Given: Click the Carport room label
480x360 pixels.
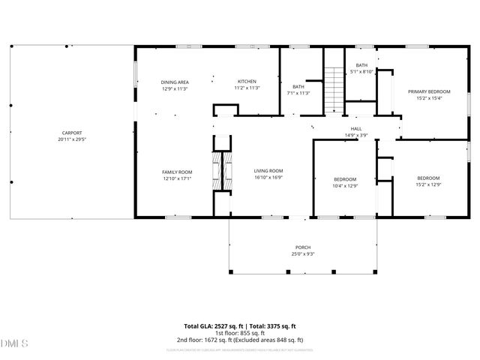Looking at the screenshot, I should pos(72,134).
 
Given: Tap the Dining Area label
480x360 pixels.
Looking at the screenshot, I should pos(175,82).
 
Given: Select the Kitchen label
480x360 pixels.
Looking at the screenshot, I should pos(247,82).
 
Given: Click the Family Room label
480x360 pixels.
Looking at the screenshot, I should pos(177,172).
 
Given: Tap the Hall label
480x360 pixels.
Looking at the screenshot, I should pos(356,129).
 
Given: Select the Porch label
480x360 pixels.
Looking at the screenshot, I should pos(302,247).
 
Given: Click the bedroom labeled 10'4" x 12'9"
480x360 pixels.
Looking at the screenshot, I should pos(345,181).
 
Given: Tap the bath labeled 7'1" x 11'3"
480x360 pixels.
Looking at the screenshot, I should pos(298,90).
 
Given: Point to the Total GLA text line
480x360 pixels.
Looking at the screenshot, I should pos(240,326).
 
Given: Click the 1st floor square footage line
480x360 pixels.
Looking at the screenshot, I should pos(240,333).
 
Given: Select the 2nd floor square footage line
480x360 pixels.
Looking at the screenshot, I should pos(240,340).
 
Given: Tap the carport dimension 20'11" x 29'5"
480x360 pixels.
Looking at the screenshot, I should pos(72,139).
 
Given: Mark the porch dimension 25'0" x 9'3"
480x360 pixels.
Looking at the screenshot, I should pos(302,253).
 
